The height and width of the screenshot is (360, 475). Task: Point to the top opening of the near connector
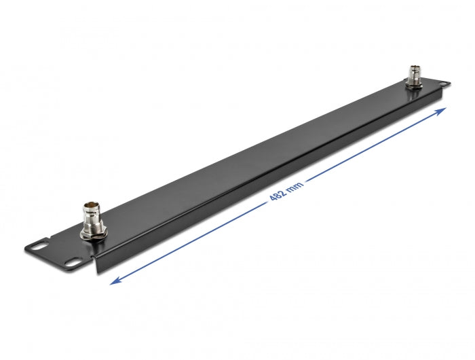point(90,204)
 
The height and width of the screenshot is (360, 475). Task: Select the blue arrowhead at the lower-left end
point(115,280)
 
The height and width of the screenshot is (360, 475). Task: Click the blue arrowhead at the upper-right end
point(442,109)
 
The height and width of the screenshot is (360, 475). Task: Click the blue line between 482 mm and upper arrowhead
point(373,145)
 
